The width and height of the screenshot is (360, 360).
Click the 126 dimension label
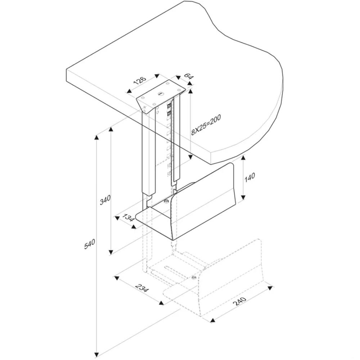point(139,81)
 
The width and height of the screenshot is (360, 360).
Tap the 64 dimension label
point(188,76)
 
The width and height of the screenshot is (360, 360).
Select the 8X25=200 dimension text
point(206,125)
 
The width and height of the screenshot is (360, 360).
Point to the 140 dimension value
point(250,178)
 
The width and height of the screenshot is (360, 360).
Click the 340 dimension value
point(105,200)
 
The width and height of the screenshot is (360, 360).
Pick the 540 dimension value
point(89,244)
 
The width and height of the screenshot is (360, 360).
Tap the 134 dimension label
point(128,218)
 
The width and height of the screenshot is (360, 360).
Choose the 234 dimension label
point(142,288)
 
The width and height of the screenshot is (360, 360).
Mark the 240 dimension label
point(239,301)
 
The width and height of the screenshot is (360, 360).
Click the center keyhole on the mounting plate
point(161,94)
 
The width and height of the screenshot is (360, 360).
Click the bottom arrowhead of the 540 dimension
point(96,354)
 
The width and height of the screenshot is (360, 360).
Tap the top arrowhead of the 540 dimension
point(96,138)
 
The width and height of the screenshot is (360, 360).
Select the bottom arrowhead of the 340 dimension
point(111,252)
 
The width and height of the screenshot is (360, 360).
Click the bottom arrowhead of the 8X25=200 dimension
point(190,157)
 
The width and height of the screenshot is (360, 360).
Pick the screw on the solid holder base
point(166,202)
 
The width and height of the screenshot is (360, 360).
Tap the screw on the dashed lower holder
point(194,277)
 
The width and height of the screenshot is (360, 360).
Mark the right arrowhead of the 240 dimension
point(270,288)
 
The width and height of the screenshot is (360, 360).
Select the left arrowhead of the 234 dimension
point(117,278)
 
